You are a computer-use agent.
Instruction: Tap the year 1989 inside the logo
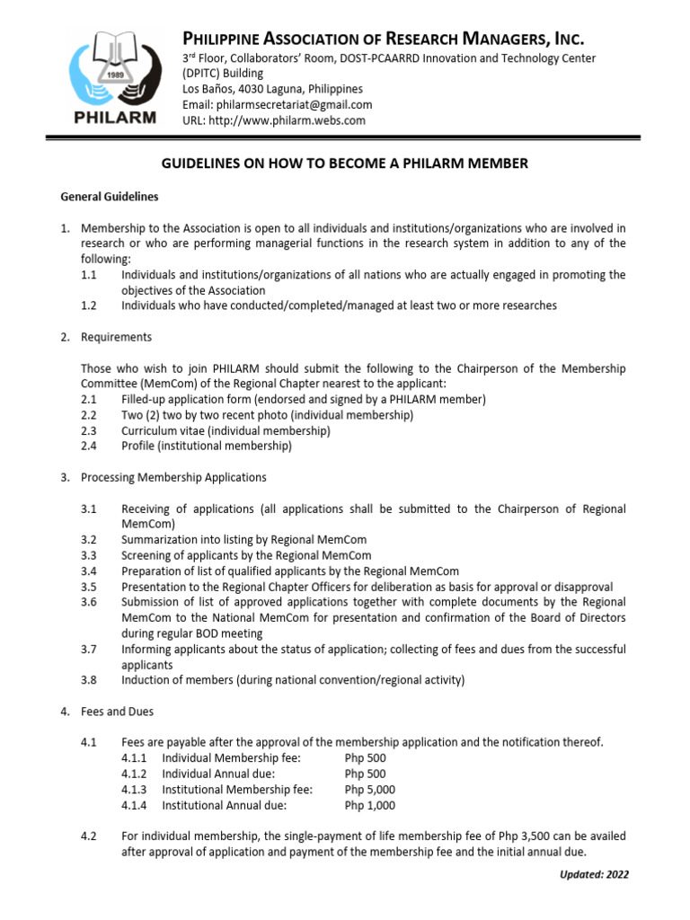coord(114,76)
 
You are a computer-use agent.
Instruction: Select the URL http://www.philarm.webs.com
coord(274,119)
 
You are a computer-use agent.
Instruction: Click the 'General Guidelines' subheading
coord(109,196)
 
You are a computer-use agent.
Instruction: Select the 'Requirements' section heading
coord(116,337)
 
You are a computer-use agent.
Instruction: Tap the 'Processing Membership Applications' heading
coord(173,477)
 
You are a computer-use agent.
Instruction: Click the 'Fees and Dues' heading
coord(117,712)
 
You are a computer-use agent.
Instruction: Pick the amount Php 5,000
coord(370,790)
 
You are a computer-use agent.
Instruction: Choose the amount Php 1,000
coord(370,806)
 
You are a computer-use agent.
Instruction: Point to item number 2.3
coord(88,430)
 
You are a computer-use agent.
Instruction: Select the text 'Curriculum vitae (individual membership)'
coord(226,430)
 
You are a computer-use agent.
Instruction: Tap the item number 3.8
coord(88,680)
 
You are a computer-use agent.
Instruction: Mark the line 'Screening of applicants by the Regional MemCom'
coord(246,555)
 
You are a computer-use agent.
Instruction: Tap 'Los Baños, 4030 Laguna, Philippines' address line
coord(272,89)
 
